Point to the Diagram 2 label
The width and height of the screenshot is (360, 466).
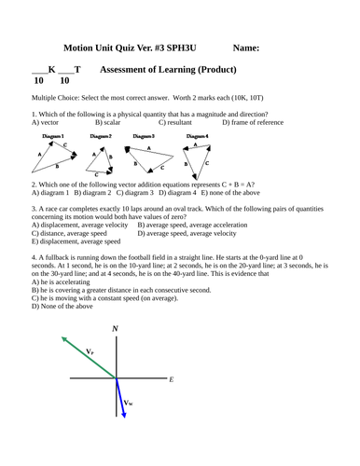coord(101,137)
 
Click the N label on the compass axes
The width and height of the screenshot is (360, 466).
coord(115,329)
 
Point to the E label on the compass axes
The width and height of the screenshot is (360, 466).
coord(172,379)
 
